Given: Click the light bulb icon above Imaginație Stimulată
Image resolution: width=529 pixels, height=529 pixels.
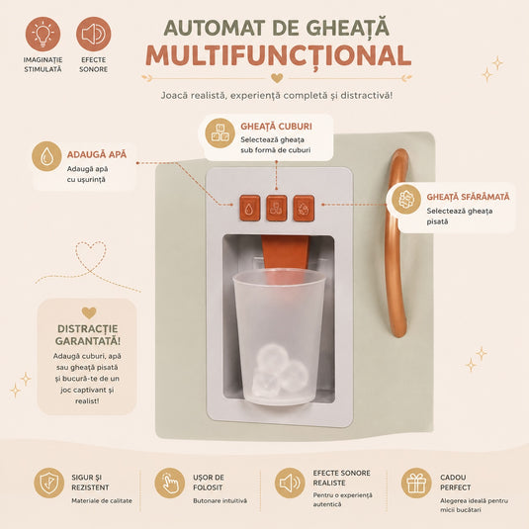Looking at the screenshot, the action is point(43,34).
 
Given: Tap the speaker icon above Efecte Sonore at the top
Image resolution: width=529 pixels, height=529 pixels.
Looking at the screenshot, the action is point(94,34).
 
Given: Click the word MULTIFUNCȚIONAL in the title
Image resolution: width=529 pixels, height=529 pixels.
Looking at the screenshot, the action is point(279,56).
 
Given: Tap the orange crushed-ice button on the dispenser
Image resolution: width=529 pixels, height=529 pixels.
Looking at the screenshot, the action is point(304,209).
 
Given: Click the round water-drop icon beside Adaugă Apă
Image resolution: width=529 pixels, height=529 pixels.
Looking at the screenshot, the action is point(46,156).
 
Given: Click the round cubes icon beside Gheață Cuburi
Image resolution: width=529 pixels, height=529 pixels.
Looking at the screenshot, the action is point(220,132).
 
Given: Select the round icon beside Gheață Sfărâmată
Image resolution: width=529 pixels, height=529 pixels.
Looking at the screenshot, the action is point(406,199).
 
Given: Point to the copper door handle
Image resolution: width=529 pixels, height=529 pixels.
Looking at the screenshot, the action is point(392,243).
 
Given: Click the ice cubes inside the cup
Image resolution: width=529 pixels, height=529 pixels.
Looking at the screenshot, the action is point(280,370).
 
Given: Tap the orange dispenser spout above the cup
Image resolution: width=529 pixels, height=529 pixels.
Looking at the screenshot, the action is point(286,252).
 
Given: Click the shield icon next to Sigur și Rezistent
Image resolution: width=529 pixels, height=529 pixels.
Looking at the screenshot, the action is point(48,483).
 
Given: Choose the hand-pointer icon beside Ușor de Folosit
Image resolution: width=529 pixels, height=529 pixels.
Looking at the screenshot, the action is point(170,483).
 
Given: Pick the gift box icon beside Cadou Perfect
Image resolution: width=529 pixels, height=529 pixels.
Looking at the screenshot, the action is point(416,483).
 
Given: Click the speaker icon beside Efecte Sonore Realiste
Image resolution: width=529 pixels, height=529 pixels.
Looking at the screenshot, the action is point(290,483).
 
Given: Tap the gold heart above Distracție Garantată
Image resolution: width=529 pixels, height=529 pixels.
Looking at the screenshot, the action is point(89,312).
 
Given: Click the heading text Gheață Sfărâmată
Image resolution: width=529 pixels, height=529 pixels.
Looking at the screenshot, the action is point(468,197).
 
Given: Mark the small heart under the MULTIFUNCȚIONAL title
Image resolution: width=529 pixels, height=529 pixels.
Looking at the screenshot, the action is point(277,78).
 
